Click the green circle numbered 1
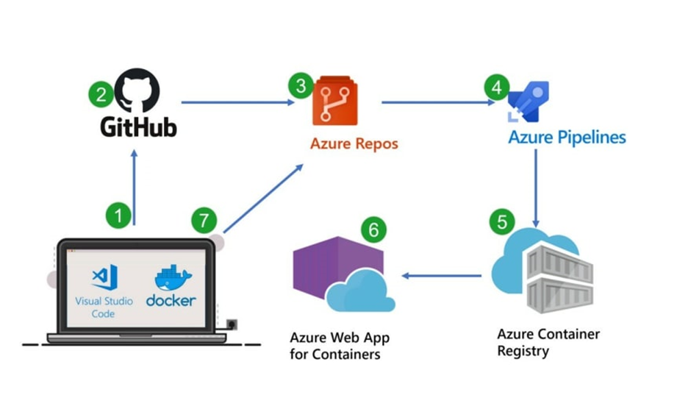(118, 216)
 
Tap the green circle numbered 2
(100, 94)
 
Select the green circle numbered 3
(301, 86)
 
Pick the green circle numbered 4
(497, 88)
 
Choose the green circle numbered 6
(373, 230)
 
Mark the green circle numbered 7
(204, 219)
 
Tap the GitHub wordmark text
(138, 126)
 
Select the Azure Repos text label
(354, 143)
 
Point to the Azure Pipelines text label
(567, 137)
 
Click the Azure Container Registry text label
(548, 343)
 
